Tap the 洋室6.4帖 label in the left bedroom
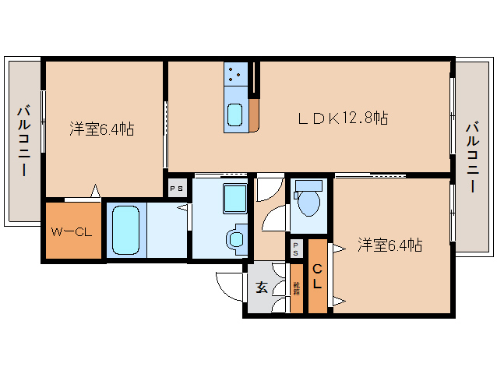101,129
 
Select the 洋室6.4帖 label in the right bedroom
389,245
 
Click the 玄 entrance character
262,287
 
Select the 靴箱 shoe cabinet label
296,288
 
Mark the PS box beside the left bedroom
177,188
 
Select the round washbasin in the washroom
234,241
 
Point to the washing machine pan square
234,198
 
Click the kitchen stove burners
235,74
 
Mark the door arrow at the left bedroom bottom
95,191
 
